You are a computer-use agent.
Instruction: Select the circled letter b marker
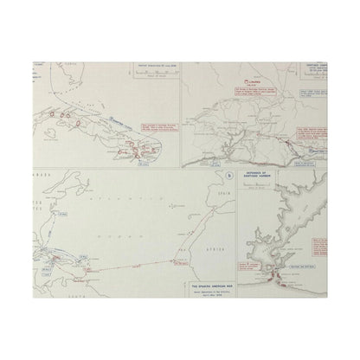coord(227,175)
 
